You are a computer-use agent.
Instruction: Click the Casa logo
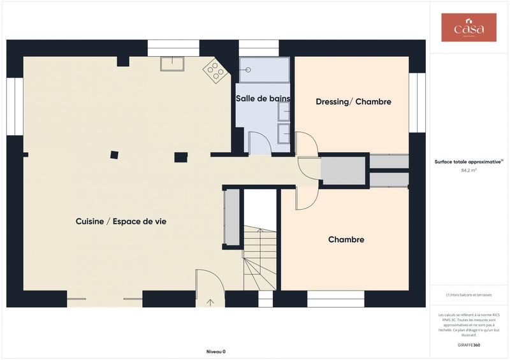[469, 27]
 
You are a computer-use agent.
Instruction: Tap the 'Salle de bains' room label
[263, 98]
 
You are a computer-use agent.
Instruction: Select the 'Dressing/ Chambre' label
[353, 102]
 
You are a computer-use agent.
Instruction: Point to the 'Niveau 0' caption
[215, 352]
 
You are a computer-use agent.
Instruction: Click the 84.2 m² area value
[469, 171]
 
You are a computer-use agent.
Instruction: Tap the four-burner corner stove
[216, 71]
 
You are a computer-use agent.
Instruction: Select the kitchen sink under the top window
[172, 64]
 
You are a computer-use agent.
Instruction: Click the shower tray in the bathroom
[264, 69]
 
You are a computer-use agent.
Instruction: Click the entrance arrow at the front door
[211, 302]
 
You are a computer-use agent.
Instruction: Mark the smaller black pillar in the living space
[114, 154]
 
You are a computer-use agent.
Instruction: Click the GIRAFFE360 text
[469, 345]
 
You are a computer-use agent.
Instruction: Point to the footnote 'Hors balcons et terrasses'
[469, 295]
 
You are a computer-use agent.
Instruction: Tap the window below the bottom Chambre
[335, 299]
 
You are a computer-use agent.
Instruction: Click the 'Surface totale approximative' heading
[469, 162]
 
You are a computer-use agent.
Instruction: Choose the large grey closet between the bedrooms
[342, 170]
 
